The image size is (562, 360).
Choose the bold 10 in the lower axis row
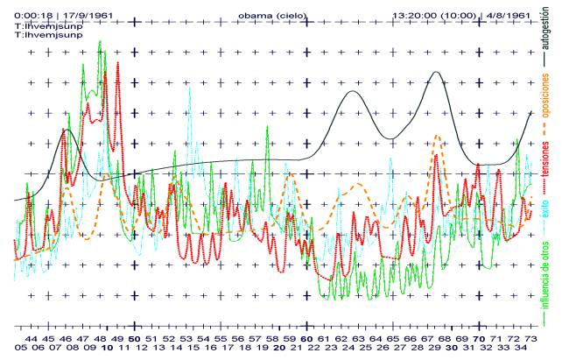(x=106, y=348)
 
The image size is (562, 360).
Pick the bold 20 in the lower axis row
(x=277, y=348)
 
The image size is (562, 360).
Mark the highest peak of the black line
(x=435, y=72)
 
